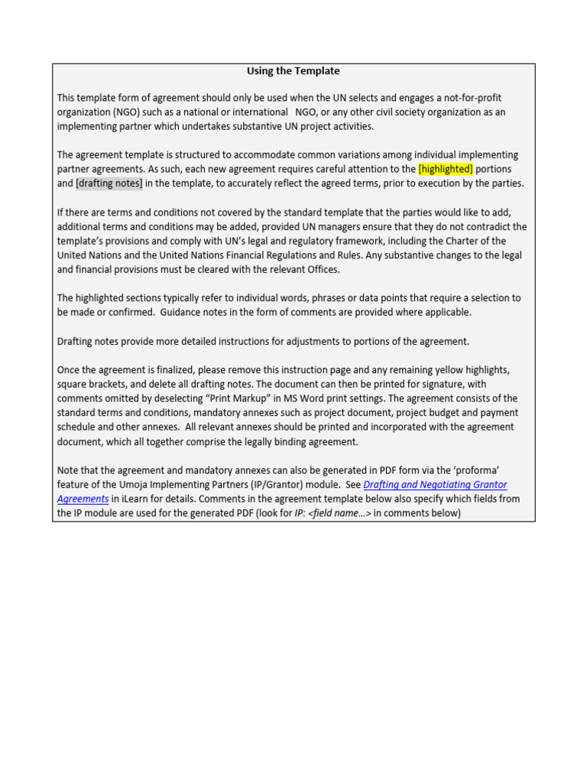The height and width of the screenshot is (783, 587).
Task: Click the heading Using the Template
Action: (293, 71)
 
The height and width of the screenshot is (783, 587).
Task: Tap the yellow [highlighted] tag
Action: (446, 169)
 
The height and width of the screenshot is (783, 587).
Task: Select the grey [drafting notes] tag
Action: (109, 184)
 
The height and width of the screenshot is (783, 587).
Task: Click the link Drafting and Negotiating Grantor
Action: (435, 485)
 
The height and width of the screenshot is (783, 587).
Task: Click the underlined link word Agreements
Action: (83, 499)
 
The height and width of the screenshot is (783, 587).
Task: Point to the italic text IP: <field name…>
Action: (332, 514)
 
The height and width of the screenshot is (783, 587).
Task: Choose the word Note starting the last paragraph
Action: (69, 470)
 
